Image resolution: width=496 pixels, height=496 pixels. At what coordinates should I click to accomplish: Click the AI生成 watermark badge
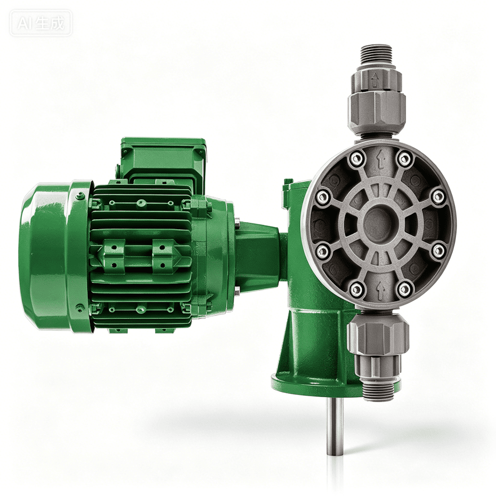[41, 23]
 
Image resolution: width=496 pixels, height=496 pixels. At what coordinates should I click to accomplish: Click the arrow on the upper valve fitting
[375, 79]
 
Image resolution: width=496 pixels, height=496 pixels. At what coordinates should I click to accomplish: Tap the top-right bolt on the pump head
[403, 157]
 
